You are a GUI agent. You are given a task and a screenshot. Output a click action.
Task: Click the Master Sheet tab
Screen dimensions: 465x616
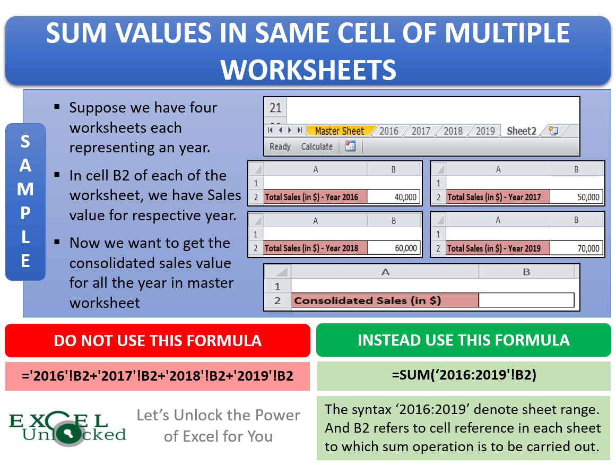(340, 131)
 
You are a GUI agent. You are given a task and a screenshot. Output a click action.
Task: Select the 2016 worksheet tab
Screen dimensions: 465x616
(389, 131)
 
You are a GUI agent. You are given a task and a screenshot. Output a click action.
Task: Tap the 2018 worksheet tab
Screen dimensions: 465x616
(453, 131)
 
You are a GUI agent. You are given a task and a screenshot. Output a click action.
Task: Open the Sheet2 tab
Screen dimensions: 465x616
(521, 131)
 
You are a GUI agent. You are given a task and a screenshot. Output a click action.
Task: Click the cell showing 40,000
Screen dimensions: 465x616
(393, 197)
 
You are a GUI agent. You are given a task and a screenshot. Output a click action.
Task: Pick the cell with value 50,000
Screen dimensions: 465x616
(576, 197)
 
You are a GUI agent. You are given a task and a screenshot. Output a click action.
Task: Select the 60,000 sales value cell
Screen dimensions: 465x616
(393, 248)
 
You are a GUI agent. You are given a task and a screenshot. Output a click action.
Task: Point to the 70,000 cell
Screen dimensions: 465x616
(576, 248)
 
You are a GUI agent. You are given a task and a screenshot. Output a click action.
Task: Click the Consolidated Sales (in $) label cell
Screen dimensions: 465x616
(385, 300)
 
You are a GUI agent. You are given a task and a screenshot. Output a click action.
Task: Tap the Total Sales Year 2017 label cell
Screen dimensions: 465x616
(498, 197)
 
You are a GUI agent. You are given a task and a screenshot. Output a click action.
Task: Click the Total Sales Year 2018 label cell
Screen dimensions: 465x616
(315, 248)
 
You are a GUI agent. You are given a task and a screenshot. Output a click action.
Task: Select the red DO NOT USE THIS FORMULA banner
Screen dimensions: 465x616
(158, 340)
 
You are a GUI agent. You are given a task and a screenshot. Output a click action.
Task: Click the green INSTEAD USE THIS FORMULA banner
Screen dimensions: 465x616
(463, 340)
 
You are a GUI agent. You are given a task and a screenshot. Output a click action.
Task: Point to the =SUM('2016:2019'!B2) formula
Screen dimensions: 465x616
(463, 375)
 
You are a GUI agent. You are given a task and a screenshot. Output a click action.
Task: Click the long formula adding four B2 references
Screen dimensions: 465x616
(158, 376)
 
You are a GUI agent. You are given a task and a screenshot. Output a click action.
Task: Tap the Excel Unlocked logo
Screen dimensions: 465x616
(67, 428)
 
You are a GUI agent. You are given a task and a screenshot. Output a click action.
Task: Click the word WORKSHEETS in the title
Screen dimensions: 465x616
(308, 70)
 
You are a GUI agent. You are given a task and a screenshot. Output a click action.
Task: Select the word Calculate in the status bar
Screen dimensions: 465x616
(317, 147)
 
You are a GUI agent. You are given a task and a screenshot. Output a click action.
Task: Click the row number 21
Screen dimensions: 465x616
(275, 108)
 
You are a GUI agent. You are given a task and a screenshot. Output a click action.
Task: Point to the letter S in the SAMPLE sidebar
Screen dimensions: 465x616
(25, 142)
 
